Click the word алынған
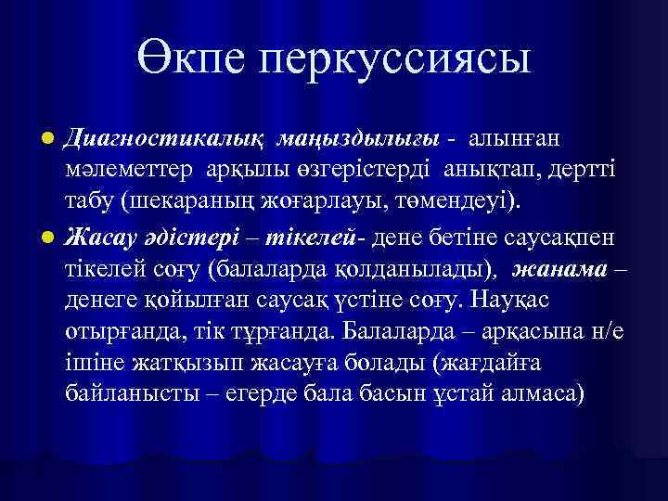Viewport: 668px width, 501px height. click(x=512, y=138)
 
